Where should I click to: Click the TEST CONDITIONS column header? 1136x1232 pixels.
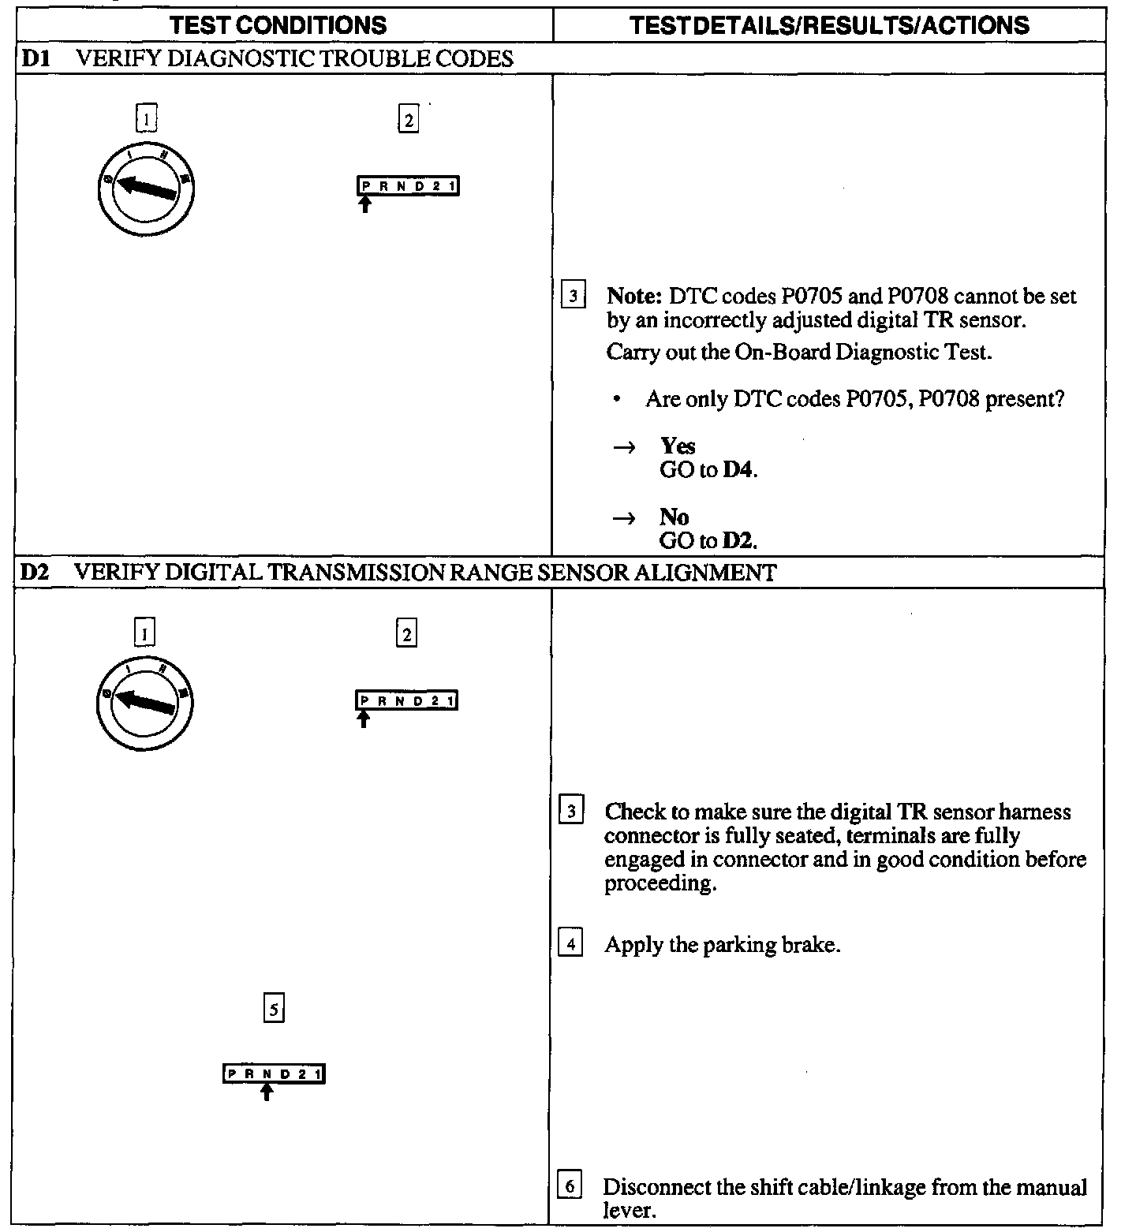point(278,25)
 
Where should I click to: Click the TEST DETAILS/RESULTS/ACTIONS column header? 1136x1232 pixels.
point(830,25)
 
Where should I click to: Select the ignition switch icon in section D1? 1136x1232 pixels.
point(146,189)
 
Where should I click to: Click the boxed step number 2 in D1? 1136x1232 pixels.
point(408,121)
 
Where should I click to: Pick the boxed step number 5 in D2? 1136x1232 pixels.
point(273,1009)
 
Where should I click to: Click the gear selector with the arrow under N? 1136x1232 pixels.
point(274,1074)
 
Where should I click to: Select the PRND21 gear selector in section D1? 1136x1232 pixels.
point(408,186)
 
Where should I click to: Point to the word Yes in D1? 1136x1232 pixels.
point(678,446)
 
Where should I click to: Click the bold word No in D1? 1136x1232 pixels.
point(674,517)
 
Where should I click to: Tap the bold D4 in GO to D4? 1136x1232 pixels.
point(739,470)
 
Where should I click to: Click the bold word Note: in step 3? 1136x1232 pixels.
point(633,297)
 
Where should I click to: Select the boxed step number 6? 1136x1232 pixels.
point(570,1186)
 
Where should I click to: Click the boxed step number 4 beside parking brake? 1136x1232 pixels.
point(570,944)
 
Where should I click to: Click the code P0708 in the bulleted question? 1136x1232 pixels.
point(948,399)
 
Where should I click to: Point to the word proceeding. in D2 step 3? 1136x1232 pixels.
point(660,883)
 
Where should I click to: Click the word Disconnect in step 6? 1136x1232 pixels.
point(652,1187)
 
